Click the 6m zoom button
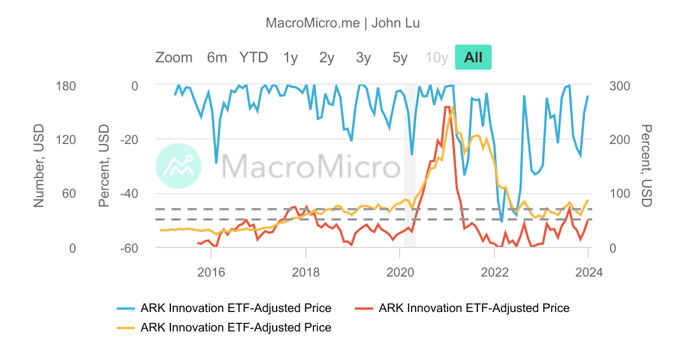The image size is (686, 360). [217, 57]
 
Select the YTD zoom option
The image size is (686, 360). [253, 57]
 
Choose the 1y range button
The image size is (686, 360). [290, 57]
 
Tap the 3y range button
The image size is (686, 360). [363, 57]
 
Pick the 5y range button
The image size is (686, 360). [400, 57]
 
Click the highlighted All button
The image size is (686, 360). [473, 57]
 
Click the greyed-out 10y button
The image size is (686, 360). [436, 57]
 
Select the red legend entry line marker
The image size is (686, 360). [364, 309]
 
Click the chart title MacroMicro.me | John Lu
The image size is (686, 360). [343, 23]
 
